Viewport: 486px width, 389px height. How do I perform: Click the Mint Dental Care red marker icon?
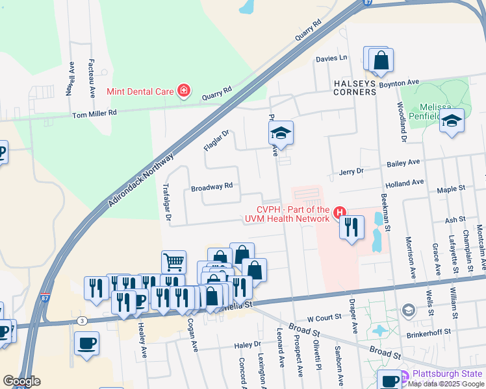(184, 91)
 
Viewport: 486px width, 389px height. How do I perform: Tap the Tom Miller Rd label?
(94, 113)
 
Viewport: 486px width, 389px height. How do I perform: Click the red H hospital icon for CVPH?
(339, 212)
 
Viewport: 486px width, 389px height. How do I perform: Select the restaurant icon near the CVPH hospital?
(352, 227)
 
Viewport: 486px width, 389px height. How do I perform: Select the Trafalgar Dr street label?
(166, 202)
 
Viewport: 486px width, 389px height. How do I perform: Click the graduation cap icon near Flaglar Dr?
(281, 133)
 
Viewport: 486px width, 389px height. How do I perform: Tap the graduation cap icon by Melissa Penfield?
(452, 121)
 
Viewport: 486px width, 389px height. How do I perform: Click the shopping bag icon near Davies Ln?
(381, 60)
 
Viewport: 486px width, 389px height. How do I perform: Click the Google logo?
(21, 381)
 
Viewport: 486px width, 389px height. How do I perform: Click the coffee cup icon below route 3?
(86, 343)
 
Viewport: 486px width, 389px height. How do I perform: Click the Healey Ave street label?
(142, 339)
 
